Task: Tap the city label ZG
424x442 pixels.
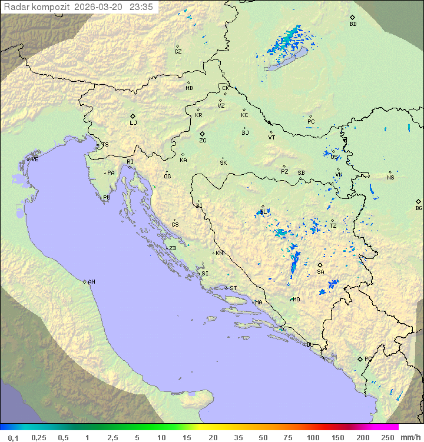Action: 203,141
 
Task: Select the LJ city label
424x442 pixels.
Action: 133,122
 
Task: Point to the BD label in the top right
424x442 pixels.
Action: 353,24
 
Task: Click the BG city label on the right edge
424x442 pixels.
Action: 419,208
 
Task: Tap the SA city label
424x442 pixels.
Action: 320,271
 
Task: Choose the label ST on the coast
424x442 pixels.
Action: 233,288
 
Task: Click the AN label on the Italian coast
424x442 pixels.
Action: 91,282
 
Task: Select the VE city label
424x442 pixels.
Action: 35,159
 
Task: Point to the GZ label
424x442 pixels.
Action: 178,51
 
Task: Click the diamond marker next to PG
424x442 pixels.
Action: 360,358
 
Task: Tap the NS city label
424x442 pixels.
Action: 390,177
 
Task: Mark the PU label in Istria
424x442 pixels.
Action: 107,198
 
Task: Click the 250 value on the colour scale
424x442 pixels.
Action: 387,437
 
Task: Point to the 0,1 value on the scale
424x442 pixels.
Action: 13,437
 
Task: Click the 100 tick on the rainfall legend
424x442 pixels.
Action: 313,437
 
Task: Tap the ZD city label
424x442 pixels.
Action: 173,248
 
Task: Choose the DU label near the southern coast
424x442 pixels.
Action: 309,345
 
